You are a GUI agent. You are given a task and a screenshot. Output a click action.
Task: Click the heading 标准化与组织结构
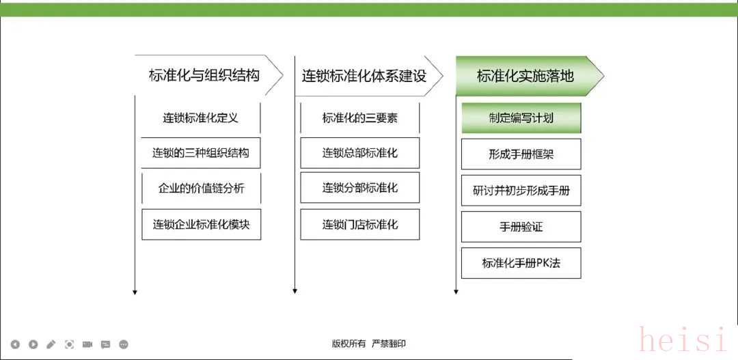[204, 75]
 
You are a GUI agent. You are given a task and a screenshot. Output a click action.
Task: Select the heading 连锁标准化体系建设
[364, 76]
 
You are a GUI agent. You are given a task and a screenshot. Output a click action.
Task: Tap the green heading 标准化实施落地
[525, 76]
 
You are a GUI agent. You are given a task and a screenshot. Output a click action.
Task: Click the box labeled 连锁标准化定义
[201, 117]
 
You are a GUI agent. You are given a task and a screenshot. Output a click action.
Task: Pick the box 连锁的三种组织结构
[201, 153]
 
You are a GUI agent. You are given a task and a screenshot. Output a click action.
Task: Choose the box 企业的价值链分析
[201, 189]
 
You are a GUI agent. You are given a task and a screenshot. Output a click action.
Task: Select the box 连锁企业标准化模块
[201, 225]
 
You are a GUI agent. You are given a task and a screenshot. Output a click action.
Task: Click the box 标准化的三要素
[360, 117]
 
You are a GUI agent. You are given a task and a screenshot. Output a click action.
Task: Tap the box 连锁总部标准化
[360, 153]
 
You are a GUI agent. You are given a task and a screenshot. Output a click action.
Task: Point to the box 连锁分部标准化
[360, 188]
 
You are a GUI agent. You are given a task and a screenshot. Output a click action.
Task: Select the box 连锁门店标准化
[360, 225]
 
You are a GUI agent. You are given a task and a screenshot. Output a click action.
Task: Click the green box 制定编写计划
[521, 117]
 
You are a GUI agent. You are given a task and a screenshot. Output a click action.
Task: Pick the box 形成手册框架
[521, 154]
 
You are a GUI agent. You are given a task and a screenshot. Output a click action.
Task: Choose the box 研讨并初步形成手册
[521, 191]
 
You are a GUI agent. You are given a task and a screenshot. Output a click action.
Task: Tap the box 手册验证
[521, 227]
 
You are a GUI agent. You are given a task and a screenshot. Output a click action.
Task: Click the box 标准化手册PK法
[521, 263]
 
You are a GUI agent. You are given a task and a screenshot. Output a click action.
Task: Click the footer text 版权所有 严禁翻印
[368, 344]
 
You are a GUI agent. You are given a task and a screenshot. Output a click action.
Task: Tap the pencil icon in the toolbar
[51, 344]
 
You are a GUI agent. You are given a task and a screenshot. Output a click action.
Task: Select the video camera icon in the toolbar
[87, 344]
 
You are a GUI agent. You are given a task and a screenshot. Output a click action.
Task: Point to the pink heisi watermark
[683, 340]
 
